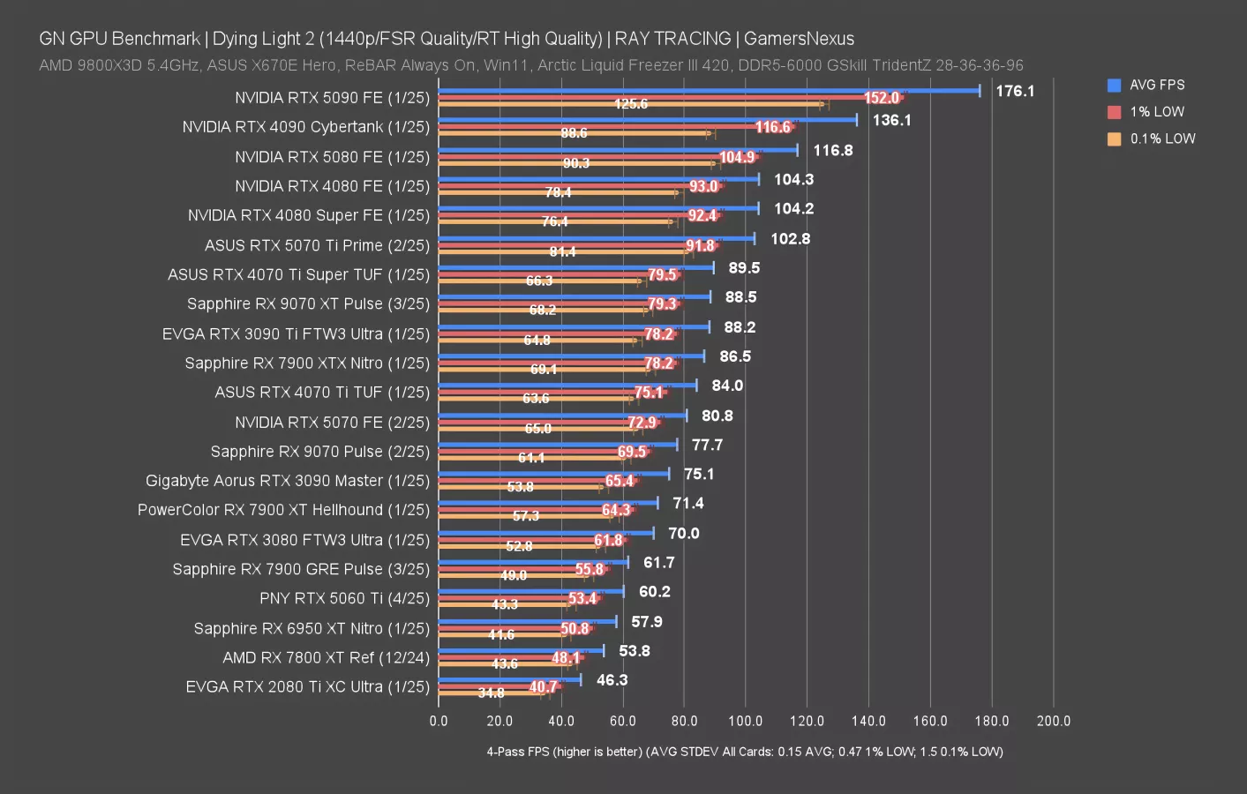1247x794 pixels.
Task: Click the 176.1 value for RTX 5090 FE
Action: tap(1015, 91)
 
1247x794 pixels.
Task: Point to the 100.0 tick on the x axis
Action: tap(745, 721)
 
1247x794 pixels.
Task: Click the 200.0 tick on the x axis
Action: tap(1053, 721)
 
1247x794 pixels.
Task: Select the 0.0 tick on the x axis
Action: tap(439, 721)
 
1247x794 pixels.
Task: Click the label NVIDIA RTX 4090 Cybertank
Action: tap(305, 127)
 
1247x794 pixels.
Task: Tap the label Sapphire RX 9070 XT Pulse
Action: tap(308, 303)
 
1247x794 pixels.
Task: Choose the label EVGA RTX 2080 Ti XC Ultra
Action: tap(307, 686)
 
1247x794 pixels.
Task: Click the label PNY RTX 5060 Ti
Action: tap(344, 598)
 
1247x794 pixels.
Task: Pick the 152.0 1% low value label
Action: tap(881, 98)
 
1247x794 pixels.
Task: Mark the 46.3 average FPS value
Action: tap(612, 680)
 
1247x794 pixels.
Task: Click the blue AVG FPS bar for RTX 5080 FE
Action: tap(618, 150)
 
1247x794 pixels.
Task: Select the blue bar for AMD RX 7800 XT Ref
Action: tap(521, 651)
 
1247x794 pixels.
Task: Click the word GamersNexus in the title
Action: tap(799, 39)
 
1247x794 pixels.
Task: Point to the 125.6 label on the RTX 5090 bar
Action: tap(630, 104)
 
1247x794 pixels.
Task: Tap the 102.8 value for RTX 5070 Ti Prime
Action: tap(790, 239)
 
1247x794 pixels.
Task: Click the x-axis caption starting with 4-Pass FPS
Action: tap(744, 752)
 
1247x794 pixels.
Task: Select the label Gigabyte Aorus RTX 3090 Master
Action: tap(287, 481)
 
